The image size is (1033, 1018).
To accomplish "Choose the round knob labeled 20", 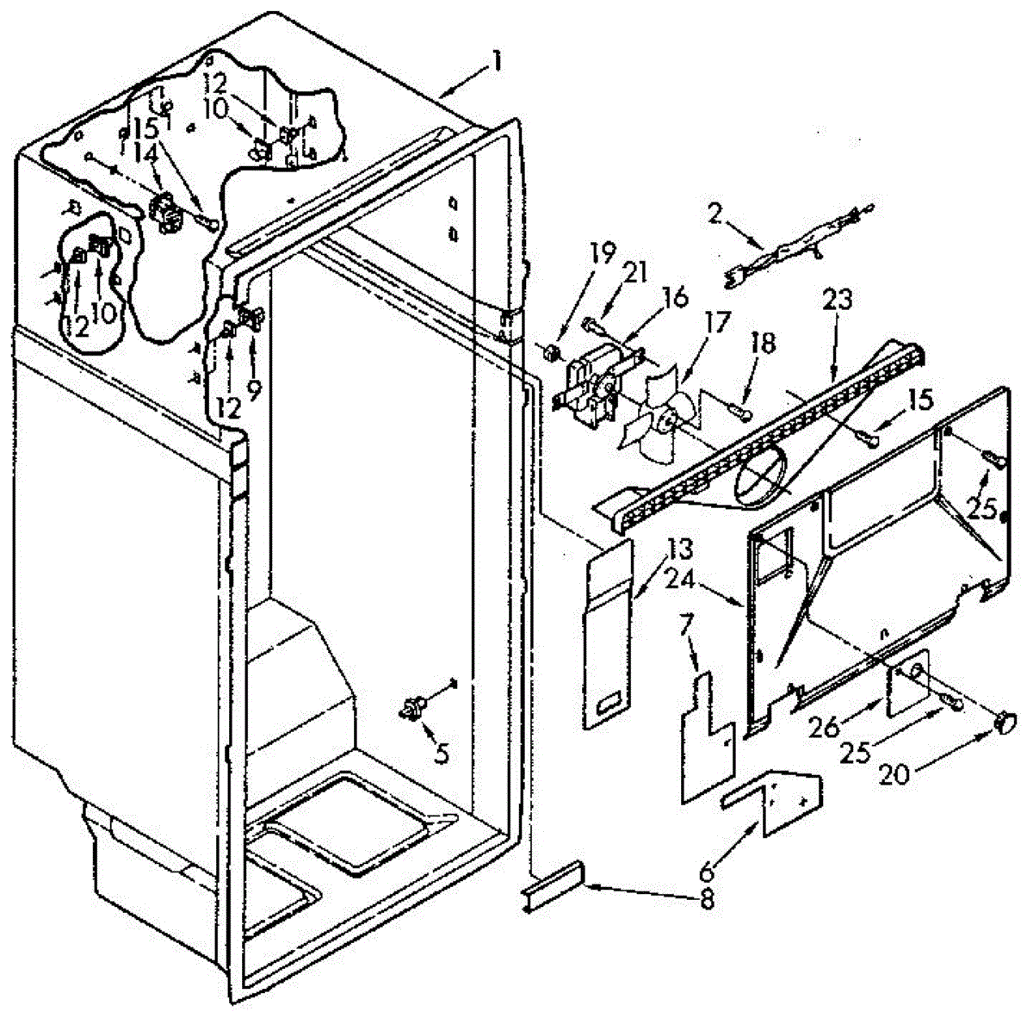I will tap(1005, 722).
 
